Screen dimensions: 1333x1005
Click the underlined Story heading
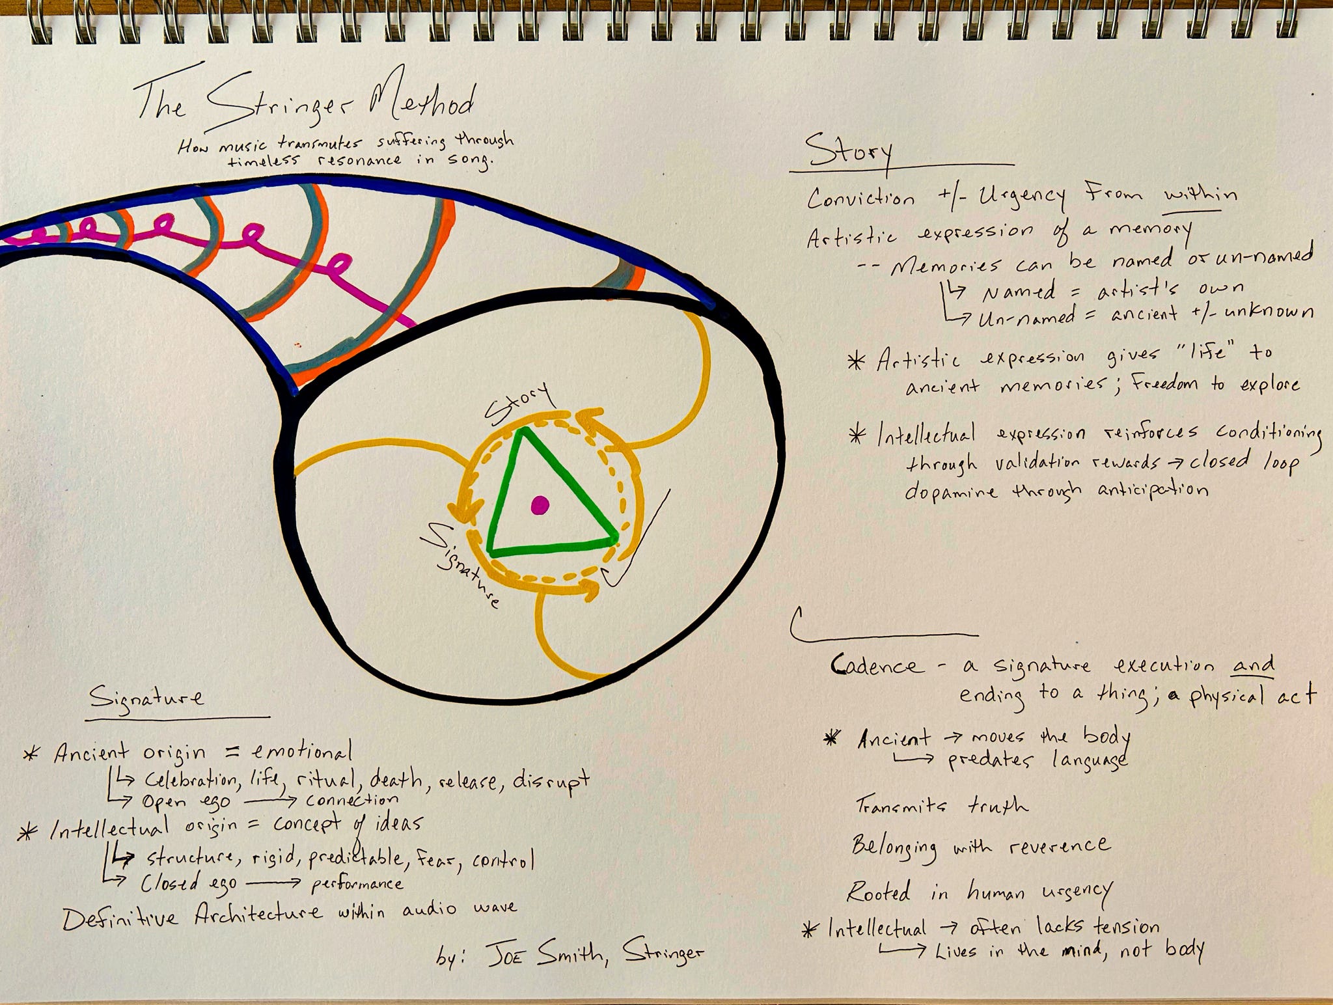coord(848,154)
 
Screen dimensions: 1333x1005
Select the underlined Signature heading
coord(146,698)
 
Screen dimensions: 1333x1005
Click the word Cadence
coord(877,665)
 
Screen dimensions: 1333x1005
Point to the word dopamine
coord(950,491)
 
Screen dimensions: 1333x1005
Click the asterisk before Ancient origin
coord(30,755)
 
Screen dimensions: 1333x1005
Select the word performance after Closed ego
coord(357,884)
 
